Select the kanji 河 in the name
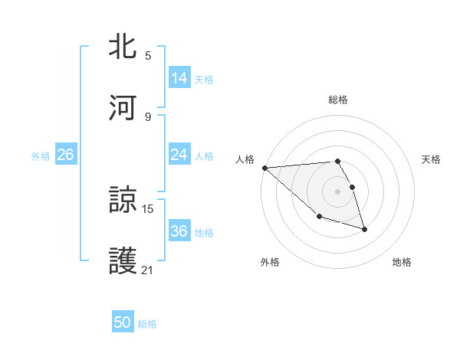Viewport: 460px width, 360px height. click(123, 108)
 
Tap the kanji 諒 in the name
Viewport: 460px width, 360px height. click(123, 200)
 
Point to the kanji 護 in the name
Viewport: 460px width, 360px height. click(123, 261)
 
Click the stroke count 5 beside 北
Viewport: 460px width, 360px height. click(148, 55)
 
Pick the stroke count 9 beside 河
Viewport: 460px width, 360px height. click(148, 116)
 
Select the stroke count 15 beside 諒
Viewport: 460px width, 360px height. click(148, 208)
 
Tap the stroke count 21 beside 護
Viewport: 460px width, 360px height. click(148, 270)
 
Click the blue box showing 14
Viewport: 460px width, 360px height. click(179, 78)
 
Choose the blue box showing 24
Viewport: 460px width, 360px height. click(179, 155)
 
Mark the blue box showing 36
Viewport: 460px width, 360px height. click(179, 231)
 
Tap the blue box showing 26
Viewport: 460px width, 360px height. click(65, 155)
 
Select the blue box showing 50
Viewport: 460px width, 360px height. click(123, 323)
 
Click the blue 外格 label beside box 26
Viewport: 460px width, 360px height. click(41, 156)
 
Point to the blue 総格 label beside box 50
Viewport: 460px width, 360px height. click(147, 324)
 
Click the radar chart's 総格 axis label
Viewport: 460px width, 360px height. click(338, 100)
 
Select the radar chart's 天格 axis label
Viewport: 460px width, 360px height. click(432, 159)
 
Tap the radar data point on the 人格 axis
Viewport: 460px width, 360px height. click(264, 168)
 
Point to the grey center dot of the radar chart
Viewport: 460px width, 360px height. click(338, 191)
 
